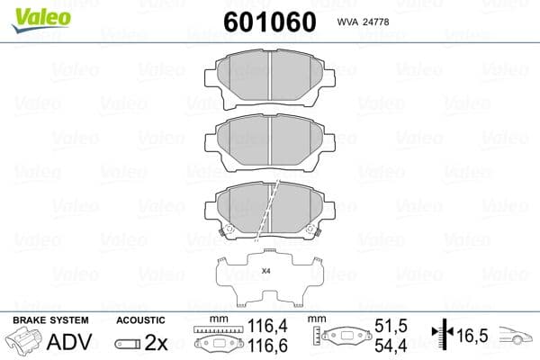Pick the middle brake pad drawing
(x=270, y=139)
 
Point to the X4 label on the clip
(x=265, y=271)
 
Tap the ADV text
(x=68, y=343)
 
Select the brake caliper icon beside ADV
(x=24, y=344)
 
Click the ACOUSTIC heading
(x=141, y=320)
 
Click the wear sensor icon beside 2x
(x=129, y=344)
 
